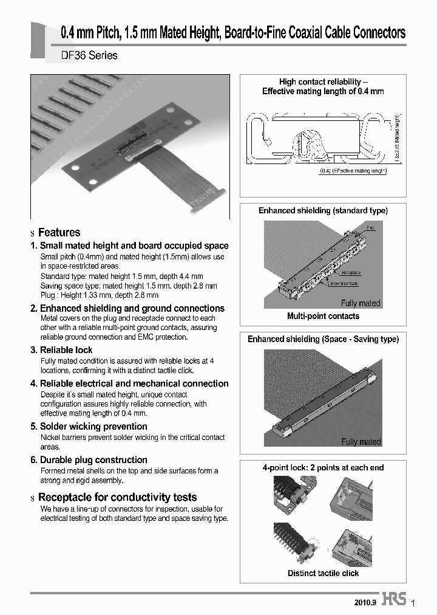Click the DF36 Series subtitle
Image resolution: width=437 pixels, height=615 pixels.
(89, 55)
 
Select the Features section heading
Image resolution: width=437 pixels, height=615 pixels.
(59, 232)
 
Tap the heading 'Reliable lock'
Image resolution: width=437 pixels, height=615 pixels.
(66, 350)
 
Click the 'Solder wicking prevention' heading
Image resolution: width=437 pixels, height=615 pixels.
(93, 427)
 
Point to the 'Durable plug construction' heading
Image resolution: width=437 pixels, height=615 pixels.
(93, 460)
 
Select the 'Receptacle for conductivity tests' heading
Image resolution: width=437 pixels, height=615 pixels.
(117, 497)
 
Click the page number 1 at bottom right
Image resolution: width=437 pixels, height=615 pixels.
(413, 603)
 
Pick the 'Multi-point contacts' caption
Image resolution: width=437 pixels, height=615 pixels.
(323, 316)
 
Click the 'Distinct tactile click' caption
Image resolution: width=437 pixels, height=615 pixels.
(323, 573)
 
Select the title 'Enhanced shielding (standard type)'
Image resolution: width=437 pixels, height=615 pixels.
(323, 210)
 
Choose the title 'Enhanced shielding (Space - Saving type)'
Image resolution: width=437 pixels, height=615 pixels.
(323, 339)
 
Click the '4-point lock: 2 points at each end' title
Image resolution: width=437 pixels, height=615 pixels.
(323, 467)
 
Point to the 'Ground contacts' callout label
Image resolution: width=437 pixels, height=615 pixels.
(344, 283)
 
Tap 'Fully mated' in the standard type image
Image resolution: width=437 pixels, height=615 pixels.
(361, 303)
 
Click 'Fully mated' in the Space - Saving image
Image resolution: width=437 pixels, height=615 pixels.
(361, 442)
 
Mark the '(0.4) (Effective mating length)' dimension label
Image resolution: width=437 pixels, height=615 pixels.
(353, 171)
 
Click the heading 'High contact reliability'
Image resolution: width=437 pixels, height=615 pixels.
(323, 81)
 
